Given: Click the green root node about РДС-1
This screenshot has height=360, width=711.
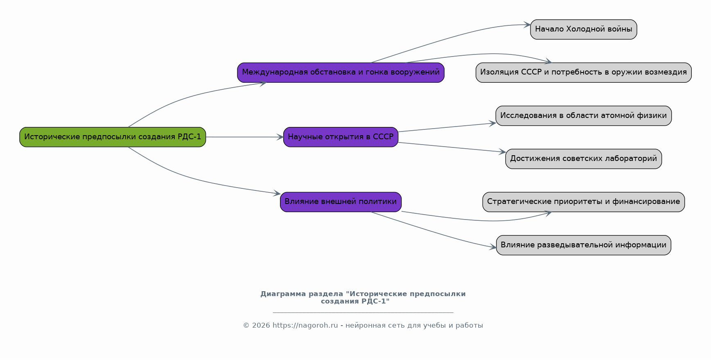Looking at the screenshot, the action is point(113,137).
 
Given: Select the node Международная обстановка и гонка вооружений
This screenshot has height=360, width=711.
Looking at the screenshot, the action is point(341,72).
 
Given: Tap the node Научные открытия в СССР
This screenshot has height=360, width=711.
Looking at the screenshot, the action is point(341,137).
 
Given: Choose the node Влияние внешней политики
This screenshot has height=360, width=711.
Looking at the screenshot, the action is point(341,202).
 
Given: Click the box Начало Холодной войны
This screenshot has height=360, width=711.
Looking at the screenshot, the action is point(583,29).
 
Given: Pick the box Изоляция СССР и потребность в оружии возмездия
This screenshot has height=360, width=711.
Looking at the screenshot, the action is point(583,72).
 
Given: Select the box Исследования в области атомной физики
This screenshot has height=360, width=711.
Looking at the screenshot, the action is point(583,115).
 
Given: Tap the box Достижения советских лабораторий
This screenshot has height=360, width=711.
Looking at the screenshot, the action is point(583,158).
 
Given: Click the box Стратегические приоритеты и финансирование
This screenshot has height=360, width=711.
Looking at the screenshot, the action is point(583,202).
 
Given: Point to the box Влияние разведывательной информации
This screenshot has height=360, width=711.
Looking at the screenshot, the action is point(583,245).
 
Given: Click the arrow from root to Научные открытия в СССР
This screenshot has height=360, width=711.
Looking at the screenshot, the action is point(244,137).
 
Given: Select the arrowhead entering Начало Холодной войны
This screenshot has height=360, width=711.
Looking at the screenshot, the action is point(527,25).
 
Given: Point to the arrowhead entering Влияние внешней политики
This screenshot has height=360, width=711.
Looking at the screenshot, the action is point(277,193).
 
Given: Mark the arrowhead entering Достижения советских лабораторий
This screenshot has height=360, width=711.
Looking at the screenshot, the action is point(502,152).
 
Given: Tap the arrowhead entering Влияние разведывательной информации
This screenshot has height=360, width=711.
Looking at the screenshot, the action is point(493,247).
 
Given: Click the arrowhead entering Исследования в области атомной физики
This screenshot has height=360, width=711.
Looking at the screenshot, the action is point(492,123).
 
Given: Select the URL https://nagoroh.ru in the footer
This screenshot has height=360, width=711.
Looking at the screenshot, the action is point(305,326).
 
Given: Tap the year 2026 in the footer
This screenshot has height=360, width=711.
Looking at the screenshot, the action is point(261,326).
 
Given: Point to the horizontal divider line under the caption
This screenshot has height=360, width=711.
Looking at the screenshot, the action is point(363,312).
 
